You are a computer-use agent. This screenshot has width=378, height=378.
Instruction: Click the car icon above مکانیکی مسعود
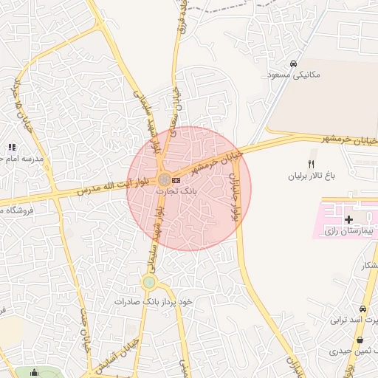(x=294, y=63)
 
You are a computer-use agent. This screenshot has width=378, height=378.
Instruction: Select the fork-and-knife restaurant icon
(x=311, y=164)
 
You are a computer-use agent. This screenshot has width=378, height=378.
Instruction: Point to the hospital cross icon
(x=348, y=219)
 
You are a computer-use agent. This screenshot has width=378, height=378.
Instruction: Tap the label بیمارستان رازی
(x=351, y=232)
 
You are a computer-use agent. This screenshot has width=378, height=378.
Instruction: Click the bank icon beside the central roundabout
(x=176, y=179)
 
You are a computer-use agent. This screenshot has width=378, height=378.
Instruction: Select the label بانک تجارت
(x=172, y=190)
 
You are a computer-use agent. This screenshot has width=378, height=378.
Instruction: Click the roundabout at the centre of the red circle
(x=163, y=179)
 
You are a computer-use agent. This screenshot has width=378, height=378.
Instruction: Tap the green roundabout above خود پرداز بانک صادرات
(x=150, y=282)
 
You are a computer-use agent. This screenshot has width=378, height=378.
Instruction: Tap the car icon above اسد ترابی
(x=362, y=309)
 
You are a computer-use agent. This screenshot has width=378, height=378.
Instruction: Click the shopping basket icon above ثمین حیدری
(x=360, y=340)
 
